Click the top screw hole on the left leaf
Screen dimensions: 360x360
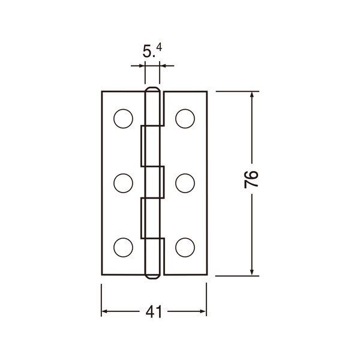(123, 119)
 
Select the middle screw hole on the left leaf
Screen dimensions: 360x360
(123, 183)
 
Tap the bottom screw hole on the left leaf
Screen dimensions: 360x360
(123, 247)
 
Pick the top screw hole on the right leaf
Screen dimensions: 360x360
(185, 119)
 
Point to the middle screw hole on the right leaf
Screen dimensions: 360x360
(185, 183)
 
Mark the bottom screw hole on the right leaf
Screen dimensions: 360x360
(185, 247)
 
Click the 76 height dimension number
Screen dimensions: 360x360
(251, 179)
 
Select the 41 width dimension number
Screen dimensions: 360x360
(154, 311)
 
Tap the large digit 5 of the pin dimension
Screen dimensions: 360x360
(147, 52)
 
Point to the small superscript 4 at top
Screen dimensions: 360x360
(160, 47)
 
